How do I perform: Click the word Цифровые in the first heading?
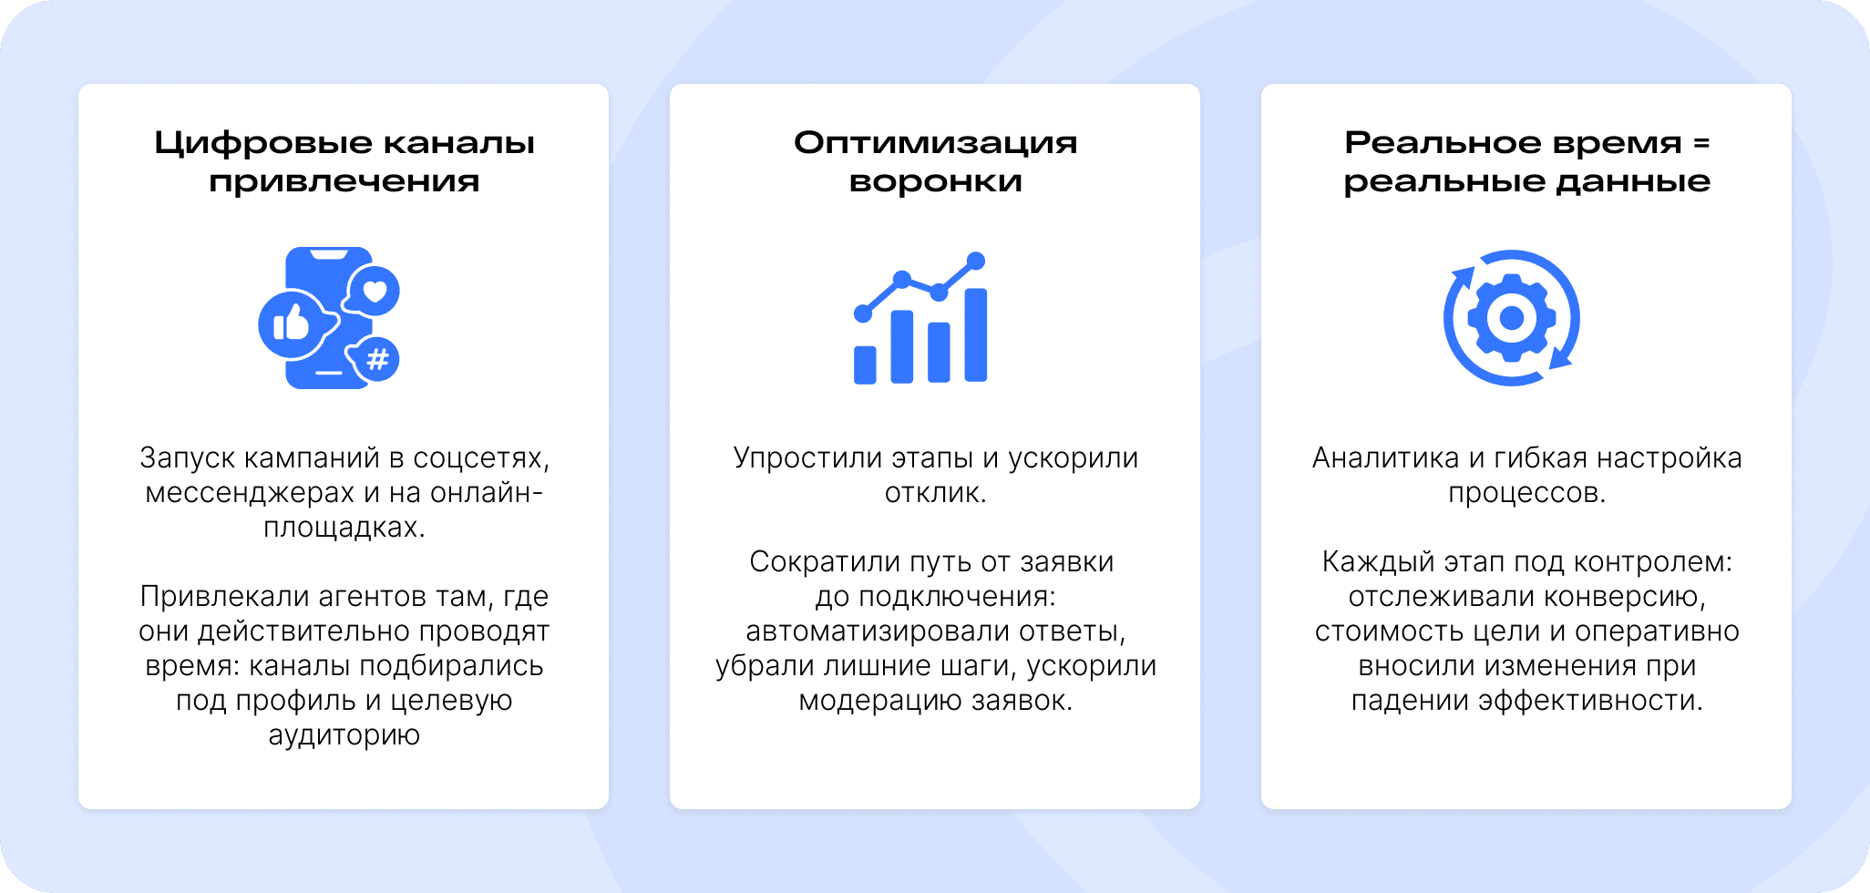(x=263, y=144)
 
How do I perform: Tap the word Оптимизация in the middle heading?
(x=935, y=143)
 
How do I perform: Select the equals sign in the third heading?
(x=1701, y=143)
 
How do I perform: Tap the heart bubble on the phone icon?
(x=374, y=292)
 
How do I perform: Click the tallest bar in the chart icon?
(x=976, y=334)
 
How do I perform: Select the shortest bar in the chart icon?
(x=865, y=364)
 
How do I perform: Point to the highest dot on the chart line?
(x=976, y=261)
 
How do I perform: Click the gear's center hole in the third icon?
(x=1512, y=318)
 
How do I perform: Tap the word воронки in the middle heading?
(x=935, y=182)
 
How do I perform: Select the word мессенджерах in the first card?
(x=250, y=493)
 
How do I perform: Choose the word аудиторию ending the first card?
(x=344, y=735)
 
